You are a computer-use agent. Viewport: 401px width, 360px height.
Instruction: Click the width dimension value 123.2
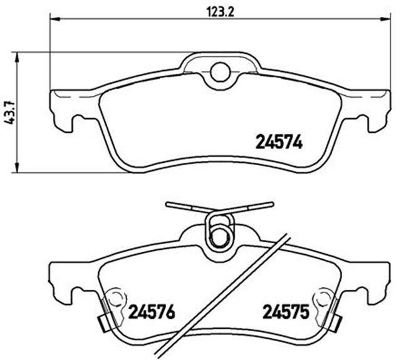click(x=214, y=11)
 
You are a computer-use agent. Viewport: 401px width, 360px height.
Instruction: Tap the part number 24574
click(x=279, y=143)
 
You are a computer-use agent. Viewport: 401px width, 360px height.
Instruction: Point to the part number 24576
click(x=151, y=311)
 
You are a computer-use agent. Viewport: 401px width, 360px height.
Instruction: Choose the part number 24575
click(x=286, y=311)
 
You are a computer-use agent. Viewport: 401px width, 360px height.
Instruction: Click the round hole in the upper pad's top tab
click(x=220, y=73)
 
